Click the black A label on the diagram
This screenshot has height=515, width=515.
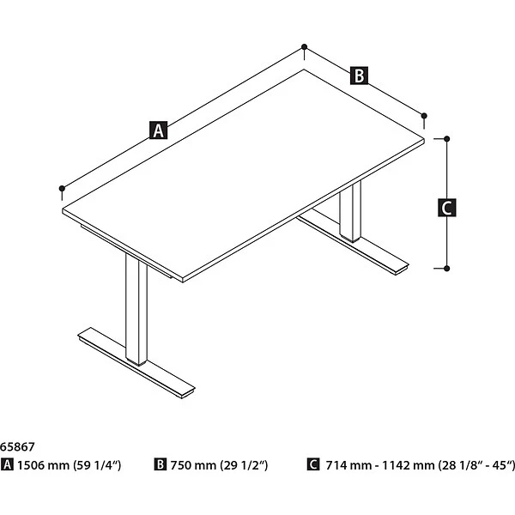click(158, 130)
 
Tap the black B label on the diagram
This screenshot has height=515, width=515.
click(359, 76)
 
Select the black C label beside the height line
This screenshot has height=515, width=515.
click(446, 207)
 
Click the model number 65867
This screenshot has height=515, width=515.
click(17, 446)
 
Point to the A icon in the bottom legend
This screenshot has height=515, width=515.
click(7, 464)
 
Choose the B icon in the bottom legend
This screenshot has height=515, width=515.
click(160, 464)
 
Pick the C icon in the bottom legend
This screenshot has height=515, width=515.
click(313, 464)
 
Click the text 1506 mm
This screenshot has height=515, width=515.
click(44, 465)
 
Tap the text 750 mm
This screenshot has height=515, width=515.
click(193, 465)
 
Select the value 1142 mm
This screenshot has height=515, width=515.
click(408, 465)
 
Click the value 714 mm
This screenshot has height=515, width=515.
click(348, 465)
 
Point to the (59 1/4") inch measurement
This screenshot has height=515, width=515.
click(97, 465)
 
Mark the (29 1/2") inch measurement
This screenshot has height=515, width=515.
click(244, 465)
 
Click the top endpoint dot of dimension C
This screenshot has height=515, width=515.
click(446, 139)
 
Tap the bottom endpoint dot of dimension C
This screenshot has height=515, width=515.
click(446, 269)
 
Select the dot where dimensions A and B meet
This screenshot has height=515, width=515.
click(304, 46)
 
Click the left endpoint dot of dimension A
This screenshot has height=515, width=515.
click(62, 188)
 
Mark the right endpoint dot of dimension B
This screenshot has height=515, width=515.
click(424, 116)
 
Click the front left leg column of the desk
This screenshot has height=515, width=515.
click(136, 310)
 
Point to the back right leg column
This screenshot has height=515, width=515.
click(350, 211)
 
